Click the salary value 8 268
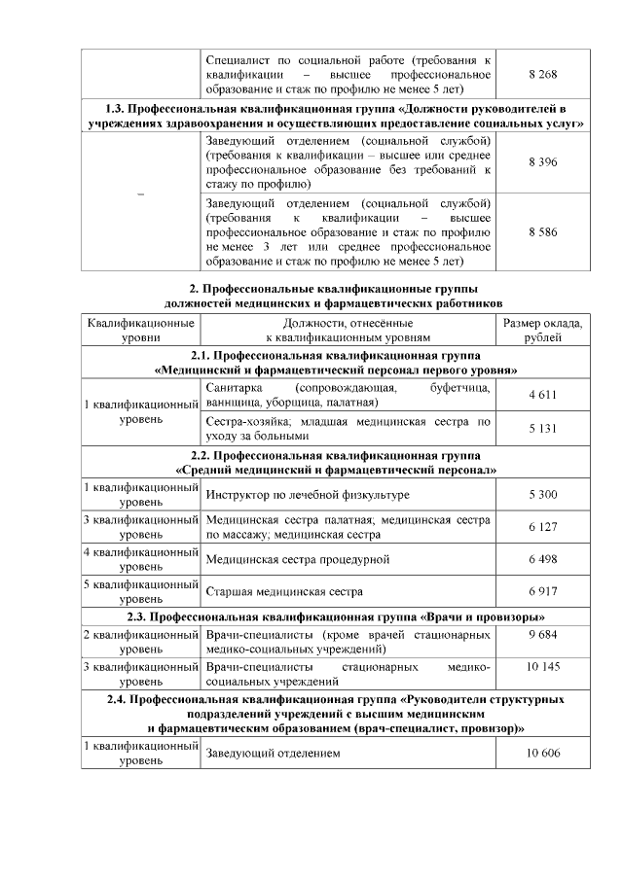coord(542,74)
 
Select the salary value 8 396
coord(542,161)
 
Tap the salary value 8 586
coord(542,233)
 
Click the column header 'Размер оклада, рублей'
coord(542,330)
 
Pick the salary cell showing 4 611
coord(542,395)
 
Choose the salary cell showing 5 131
coord(542,429)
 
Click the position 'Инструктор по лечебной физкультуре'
coord(308,495)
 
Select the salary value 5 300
coord(542,495)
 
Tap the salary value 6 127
coord(542,527)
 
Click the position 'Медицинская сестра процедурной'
coord(298,560)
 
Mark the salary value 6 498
coord(542,560)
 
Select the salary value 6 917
coord(542,592)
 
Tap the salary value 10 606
coord(542,755)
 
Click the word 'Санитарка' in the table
coord(235,388)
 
